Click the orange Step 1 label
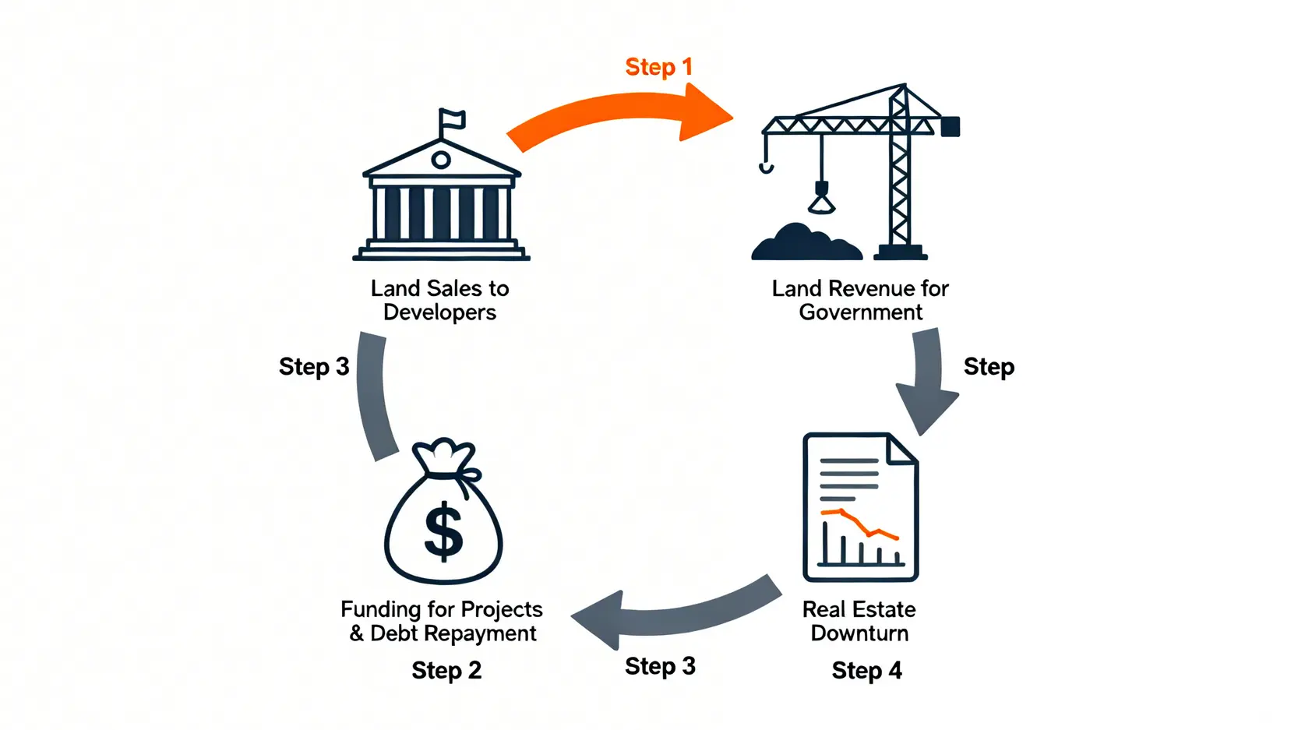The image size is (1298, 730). (659, 67)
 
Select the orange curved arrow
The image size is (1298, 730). (614, 110)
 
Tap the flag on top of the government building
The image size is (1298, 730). (451, 120)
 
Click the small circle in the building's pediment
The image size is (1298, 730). (441, 160)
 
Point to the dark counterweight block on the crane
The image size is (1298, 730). (951, 127)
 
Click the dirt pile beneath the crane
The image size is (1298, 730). (806, 242)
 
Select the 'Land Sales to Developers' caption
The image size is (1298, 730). (440, 300)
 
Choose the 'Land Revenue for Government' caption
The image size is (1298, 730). (860, 300)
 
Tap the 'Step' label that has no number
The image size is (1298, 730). (989, 367)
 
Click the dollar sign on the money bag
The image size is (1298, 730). (444, 531)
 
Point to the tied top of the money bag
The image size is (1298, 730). (445, 457)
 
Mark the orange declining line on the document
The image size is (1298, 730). (859, 524)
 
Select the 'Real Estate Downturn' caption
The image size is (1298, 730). (859, 621)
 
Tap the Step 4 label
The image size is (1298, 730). (867, 671)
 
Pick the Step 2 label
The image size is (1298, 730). (446, 671)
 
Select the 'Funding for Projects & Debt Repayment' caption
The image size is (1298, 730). (442, 621)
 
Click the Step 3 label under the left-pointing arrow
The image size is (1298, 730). (660, 666)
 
